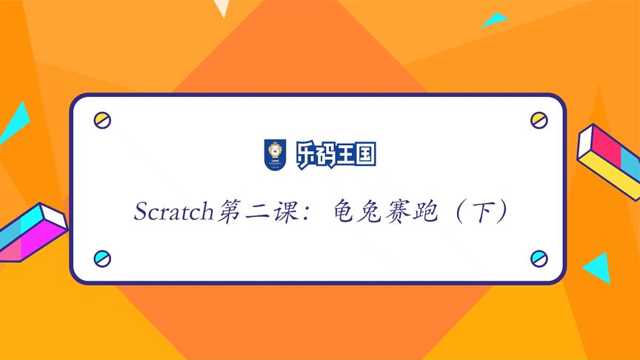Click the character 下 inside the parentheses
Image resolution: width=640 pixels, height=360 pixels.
click(x=484, y=212)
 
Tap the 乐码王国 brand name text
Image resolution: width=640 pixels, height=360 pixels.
click(x=336, y=154)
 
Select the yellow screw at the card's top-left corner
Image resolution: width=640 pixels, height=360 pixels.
click(x=102, y=120)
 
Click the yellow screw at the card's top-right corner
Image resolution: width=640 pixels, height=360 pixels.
click(x=539, y=119)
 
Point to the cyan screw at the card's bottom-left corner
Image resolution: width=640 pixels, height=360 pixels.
click(x=102, y=259)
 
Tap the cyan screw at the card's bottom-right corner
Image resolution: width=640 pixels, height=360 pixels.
click(x=539, y=259)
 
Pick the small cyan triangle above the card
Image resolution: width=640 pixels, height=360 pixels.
click(x=493, y=20)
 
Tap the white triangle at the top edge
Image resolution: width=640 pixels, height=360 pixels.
click(x=221, y=7)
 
